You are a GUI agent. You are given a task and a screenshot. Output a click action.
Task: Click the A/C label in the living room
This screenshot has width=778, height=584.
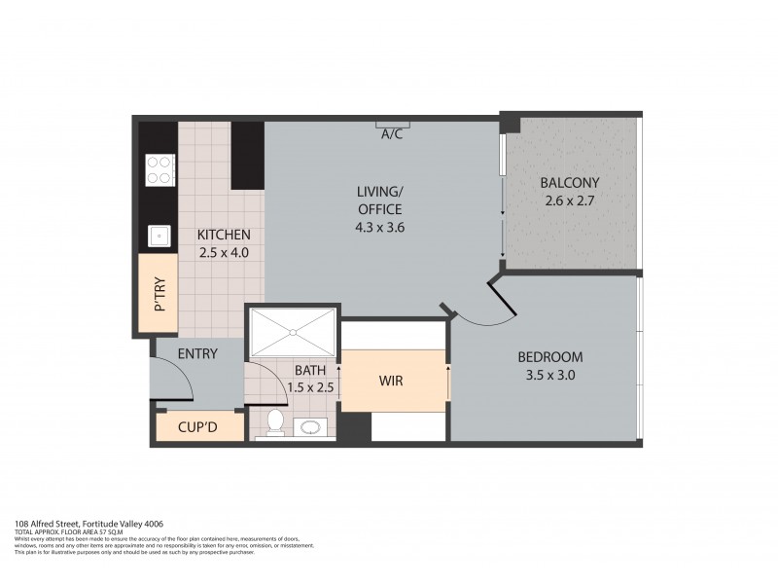[x=393, y=134]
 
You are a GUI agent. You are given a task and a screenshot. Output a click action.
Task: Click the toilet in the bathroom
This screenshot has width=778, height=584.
[x=274, y=422]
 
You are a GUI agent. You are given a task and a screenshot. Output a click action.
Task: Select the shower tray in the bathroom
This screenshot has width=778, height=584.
[x=293, y=333]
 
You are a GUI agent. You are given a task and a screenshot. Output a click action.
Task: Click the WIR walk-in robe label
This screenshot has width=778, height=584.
[x=391, y=381]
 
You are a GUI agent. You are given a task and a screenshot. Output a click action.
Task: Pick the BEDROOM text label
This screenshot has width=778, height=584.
[x=550, y=355]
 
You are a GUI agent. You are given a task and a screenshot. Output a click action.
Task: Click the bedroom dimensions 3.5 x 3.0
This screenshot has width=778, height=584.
[x=550, y=374]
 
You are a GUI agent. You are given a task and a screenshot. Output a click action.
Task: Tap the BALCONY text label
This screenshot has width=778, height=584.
[x=570, y=183]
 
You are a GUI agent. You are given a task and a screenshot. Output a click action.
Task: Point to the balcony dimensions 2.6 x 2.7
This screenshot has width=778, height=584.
[x=570, y=201]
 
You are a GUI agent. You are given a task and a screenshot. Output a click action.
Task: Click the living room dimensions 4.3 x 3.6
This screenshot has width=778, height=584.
[x=378, y=227]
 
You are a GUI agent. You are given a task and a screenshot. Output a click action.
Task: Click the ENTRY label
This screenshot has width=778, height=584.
[x=197, y=354]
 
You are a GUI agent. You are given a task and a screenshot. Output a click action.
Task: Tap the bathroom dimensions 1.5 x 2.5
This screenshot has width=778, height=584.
[x=310, y=387]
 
